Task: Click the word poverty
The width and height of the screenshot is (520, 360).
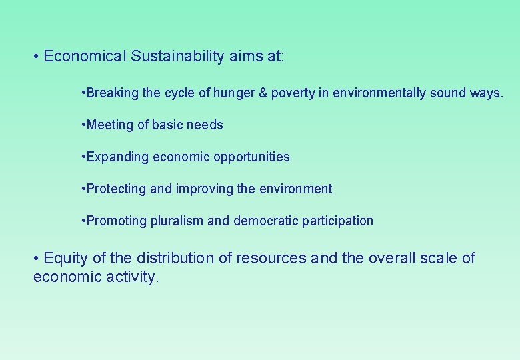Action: tap(291, 93)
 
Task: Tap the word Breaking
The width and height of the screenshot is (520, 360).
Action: tap(112, 93)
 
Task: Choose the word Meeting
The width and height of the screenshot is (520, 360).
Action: tap(110, 125)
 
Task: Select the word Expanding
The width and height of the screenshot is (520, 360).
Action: tap(117, 157)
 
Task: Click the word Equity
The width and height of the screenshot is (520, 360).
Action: tap(64, 259)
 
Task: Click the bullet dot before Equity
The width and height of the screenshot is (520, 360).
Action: tap(37, 259)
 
